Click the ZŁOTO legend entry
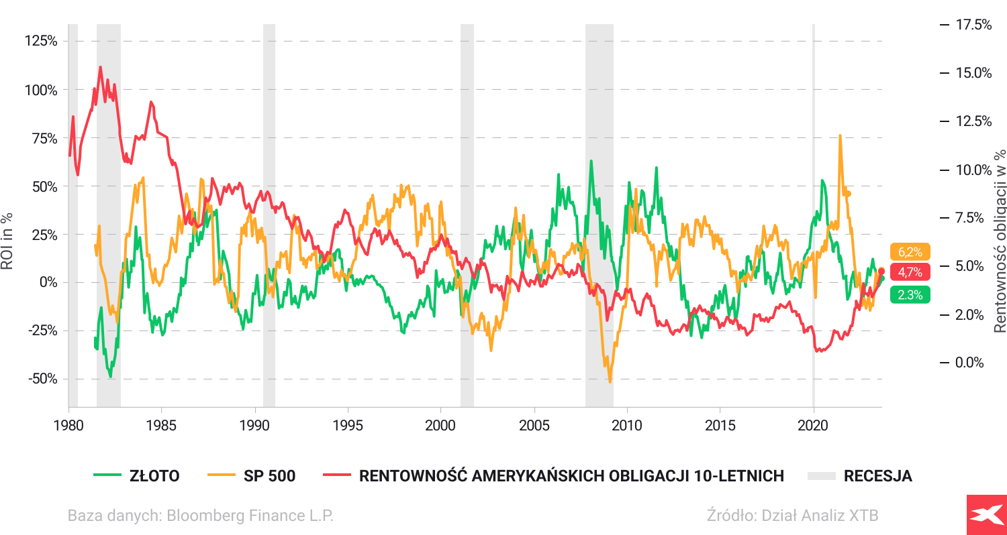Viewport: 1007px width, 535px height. [137, 476]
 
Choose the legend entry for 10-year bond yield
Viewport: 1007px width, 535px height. [554, 476]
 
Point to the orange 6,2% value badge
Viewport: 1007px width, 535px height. [910, 252]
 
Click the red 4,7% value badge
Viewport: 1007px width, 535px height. [910, 272]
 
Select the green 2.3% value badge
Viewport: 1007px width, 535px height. [910, 294]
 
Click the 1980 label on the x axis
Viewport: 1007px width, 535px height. [68, 425]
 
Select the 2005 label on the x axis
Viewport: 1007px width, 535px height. [534, 425]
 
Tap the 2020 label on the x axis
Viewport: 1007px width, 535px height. [813, 425]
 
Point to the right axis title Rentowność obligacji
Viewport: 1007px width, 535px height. [1000, 241]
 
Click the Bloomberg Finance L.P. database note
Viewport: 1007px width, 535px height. [200, 516]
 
